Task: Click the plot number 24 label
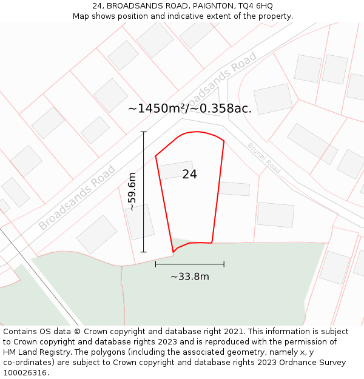[189, 175]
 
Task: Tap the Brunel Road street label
[264, 158]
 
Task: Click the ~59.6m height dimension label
[132, 192]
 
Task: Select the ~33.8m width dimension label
[189, 277]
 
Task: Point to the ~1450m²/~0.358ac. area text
[190, 109]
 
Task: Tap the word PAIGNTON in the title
[198, 5]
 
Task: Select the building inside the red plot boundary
[176, 170]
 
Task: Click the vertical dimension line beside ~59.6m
[144, 192]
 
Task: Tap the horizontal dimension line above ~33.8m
[189, 264]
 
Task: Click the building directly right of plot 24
[234, 189]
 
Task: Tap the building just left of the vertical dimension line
[140, 221]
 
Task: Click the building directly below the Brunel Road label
[275, 214]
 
